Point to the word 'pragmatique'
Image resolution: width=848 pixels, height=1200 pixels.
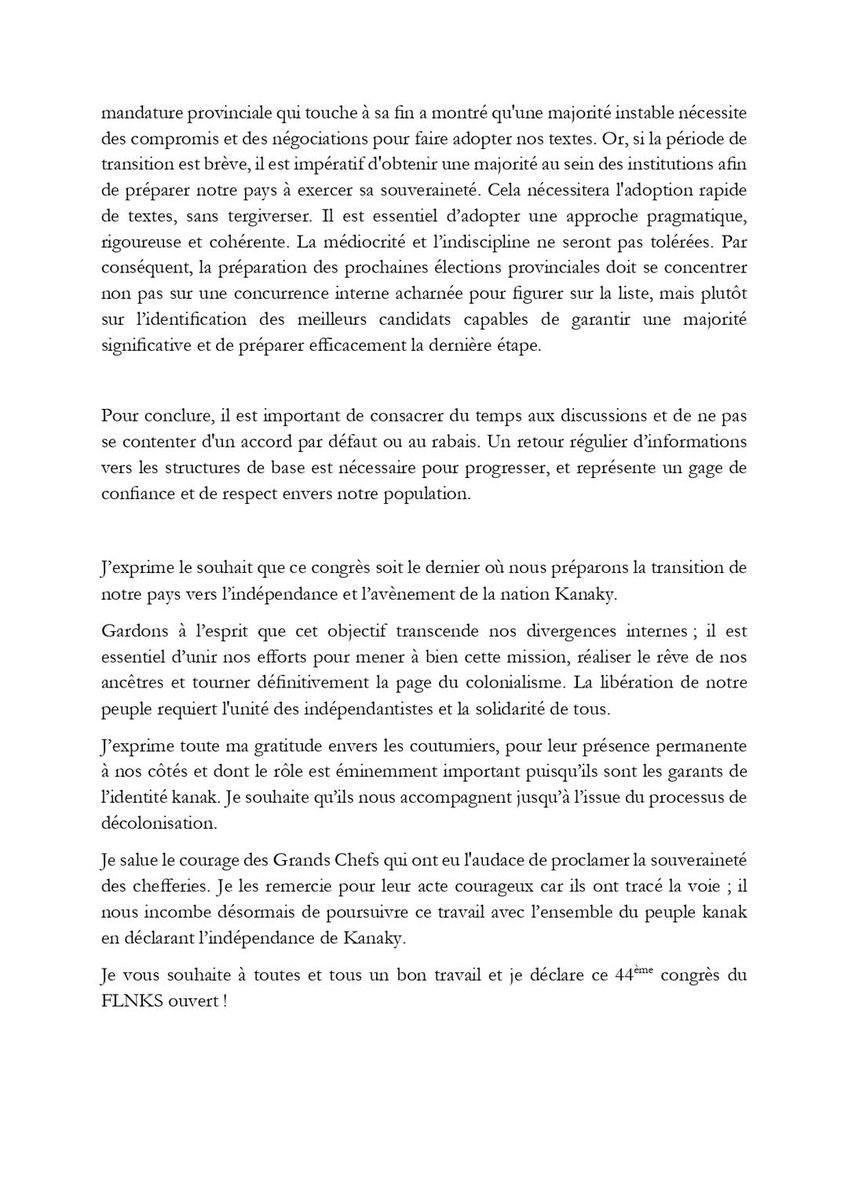tap(685, 218)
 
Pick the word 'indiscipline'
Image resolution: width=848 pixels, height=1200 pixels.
tap(566, 244)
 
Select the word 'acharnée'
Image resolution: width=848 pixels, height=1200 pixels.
tap(513, 296)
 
